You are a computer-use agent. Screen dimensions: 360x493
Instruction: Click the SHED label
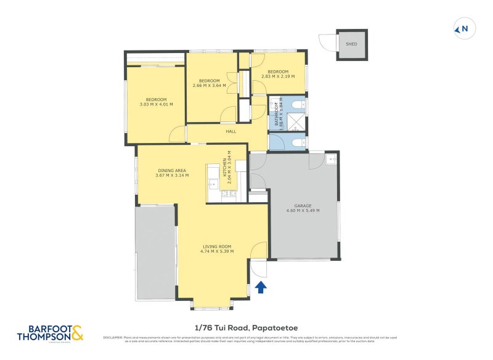pyautogui.click(x=351, y=44)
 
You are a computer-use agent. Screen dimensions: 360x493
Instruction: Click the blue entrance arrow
pyautogui.click(x=261, y=287)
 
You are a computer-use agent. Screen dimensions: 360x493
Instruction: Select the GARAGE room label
pyautogui.click(x=303, y=206)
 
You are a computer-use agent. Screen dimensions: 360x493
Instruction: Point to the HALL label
pyautogui.click(x=230, y=131)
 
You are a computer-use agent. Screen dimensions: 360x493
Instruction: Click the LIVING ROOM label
pyautogui.click(x=216, y=247)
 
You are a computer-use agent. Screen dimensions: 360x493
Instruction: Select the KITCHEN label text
pyautogui.click(x=225, y=167)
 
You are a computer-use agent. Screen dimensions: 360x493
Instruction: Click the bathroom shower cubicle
pyautogui.click(x=296, y=120)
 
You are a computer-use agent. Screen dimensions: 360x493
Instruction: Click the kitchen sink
pyautogui.click(x=213, y=183)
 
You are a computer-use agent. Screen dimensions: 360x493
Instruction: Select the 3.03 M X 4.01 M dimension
pyautogui.click(x=156, y=105)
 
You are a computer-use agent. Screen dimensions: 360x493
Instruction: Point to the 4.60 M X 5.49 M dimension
pyautogui.click(x=303, y=211)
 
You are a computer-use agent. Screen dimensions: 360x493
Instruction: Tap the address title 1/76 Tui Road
pyautogui.click(x=246, y=328)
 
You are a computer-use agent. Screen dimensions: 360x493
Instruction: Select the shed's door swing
pyautogui.click(x=327, y=43)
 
